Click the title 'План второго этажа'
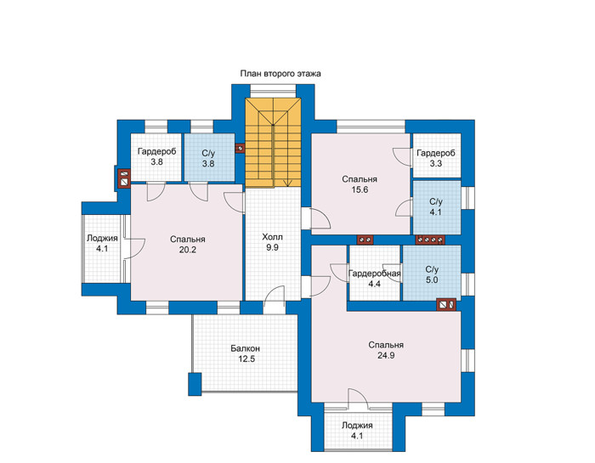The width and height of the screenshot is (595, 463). point(280,74)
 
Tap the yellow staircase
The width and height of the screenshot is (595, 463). point(273,143)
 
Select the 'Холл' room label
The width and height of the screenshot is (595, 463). point(273,237)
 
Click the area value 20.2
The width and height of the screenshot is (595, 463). point(188,250)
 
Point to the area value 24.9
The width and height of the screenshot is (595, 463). point(386,355)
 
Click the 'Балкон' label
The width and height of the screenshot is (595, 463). point(246,348)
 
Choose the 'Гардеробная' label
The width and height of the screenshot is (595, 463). point(374,274)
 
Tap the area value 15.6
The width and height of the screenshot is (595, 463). point(360,189)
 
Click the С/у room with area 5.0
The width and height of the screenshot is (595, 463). point(432,273)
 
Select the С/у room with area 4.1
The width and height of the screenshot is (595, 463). point(436,207)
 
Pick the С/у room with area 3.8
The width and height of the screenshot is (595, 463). point(209,157)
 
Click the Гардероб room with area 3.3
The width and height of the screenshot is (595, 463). point(436,155)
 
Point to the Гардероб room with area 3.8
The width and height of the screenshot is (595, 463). point(156,157)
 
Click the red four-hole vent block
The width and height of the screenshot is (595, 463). point(430,240)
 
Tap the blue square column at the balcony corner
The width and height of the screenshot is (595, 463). point(195,384)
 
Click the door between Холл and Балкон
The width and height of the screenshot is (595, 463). point(274,300)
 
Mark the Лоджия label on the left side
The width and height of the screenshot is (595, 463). point(102,238)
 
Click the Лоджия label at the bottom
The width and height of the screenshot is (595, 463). point(357,426)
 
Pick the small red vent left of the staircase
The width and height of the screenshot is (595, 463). point(240,148)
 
